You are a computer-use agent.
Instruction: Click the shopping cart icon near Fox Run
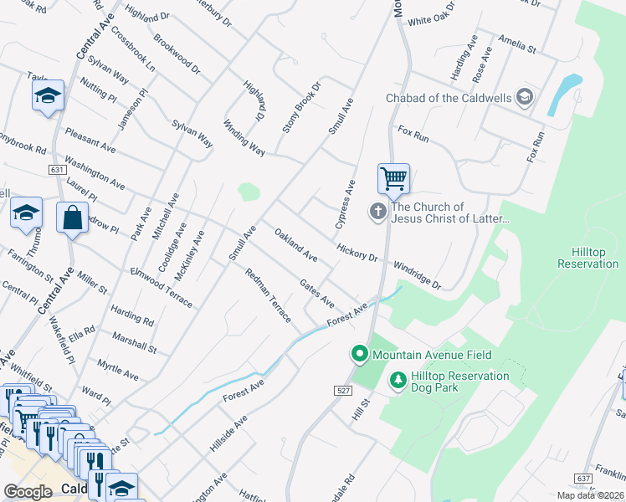[x=393, y=178]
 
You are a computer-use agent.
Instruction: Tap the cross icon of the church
[x=378, y=213]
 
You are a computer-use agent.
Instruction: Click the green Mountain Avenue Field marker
[x=360, y=355]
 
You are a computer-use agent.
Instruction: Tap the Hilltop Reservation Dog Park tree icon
[x=398, y=382]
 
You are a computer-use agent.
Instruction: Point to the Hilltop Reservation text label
[x=588, y=258]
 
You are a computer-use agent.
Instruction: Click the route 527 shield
[x=342, y=391]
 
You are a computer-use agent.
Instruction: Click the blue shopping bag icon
[x=72, y=218]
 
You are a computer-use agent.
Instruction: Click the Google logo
[x=28, y=492]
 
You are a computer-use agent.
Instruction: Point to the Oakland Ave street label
[x=296, y=244]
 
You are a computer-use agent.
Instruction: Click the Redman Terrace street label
[x=268, y=295]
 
